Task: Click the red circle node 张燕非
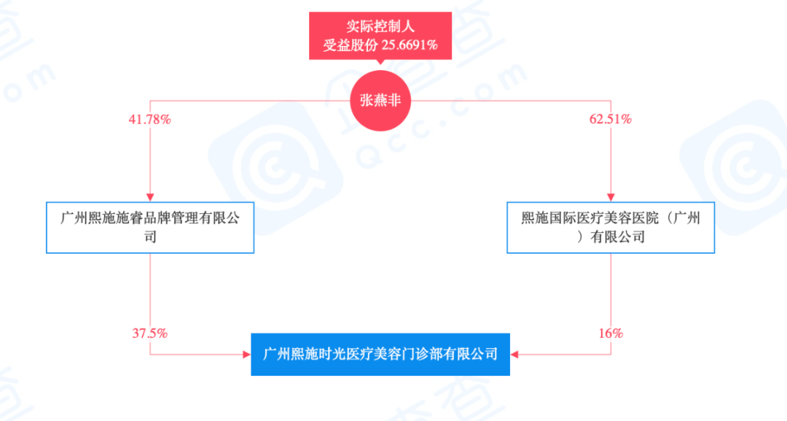[380, 101]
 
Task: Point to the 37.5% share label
[150, 333]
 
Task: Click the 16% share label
[611, 333]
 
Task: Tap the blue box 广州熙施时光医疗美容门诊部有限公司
[380, 355]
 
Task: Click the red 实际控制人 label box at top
[380, 35]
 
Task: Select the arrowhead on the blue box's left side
[246, 355]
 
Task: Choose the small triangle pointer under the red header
[380, 63]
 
